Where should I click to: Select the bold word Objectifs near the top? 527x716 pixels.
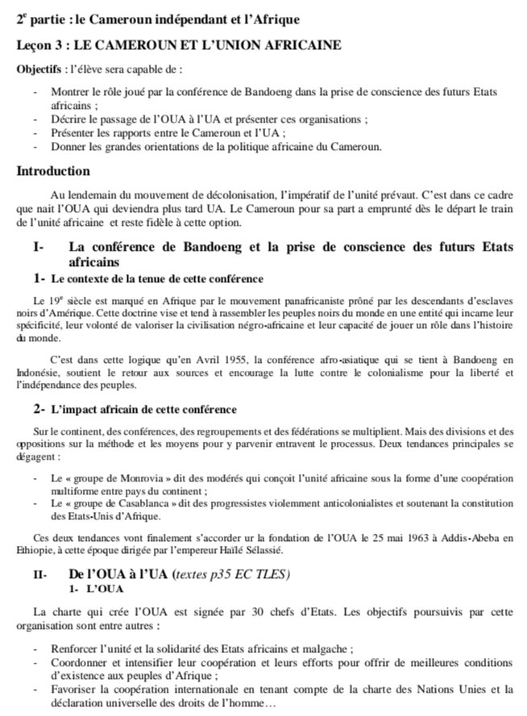coord(38,69)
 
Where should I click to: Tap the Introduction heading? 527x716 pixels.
coord(53,171)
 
